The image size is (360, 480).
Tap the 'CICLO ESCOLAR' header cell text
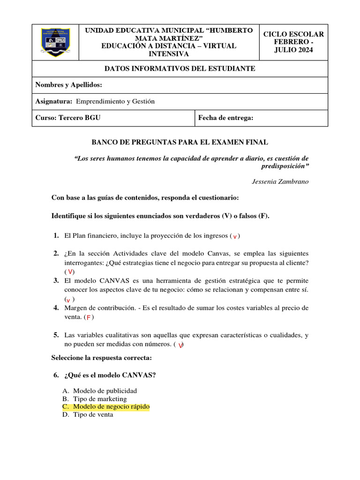pos(293,34)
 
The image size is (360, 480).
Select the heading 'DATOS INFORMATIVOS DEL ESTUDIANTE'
pos(180,68)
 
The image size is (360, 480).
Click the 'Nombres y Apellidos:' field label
pos(68,85)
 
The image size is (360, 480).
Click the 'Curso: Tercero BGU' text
pos(68,118)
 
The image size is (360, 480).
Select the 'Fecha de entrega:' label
pos(225,118)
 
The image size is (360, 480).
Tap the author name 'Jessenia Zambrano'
pos(280,181)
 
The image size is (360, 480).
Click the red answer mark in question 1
pos(235,236)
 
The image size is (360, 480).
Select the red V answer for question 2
pos(70,272)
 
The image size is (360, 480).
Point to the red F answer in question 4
pos(88,317)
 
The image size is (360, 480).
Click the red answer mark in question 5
pos(180,345)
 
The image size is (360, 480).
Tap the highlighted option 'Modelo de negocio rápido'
pos(112,406)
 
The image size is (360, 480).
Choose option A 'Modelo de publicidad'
pos(105,390)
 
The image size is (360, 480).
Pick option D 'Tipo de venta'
pos(93,414)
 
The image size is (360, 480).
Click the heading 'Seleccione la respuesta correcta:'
pos(101,358)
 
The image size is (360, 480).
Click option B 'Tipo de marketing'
pos(100,398)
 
